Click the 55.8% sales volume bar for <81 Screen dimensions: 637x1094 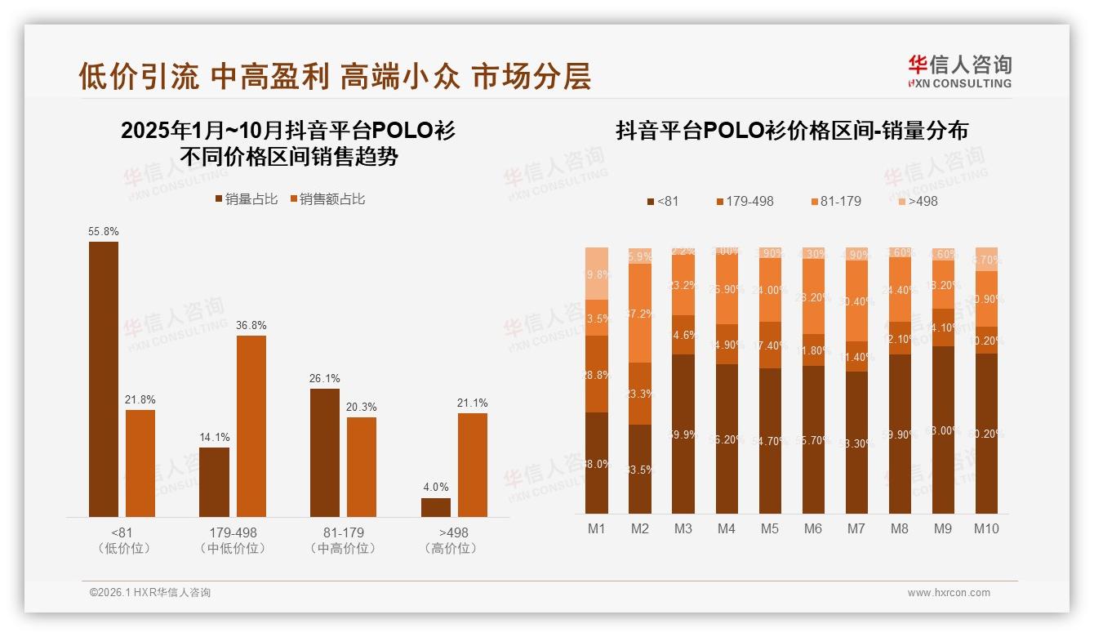click(103, 379)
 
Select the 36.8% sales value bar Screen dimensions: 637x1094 click(251, 425)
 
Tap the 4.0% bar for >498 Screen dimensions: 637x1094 click(436, 507)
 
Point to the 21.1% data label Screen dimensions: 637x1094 click(472, 403)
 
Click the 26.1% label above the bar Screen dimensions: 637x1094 click(325, 379)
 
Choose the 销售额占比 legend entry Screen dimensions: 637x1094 click(327, 199)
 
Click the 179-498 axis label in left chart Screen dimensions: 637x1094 click(233, 532)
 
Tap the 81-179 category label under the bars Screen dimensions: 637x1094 click(343, 532)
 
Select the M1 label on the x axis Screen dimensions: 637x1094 click(597, 528)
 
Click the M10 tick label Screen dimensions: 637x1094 click(986, 528)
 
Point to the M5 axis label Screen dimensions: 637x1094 click(770, 528)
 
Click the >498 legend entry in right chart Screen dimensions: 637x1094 click(918, 201)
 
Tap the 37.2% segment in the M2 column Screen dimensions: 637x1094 click(640, 313)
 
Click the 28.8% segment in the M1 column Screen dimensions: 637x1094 click(597, 374)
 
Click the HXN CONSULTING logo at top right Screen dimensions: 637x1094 click(959, 72)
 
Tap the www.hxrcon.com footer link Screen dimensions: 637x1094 click(949, 593)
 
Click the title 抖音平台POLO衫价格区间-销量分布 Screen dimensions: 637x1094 click(791, 131)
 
